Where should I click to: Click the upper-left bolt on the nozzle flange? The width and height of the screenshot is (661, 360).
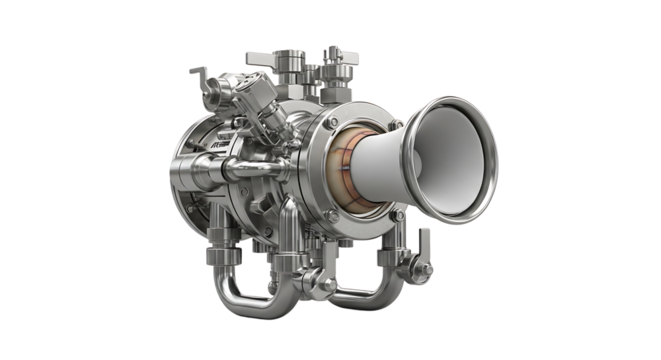click(333, 122)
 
